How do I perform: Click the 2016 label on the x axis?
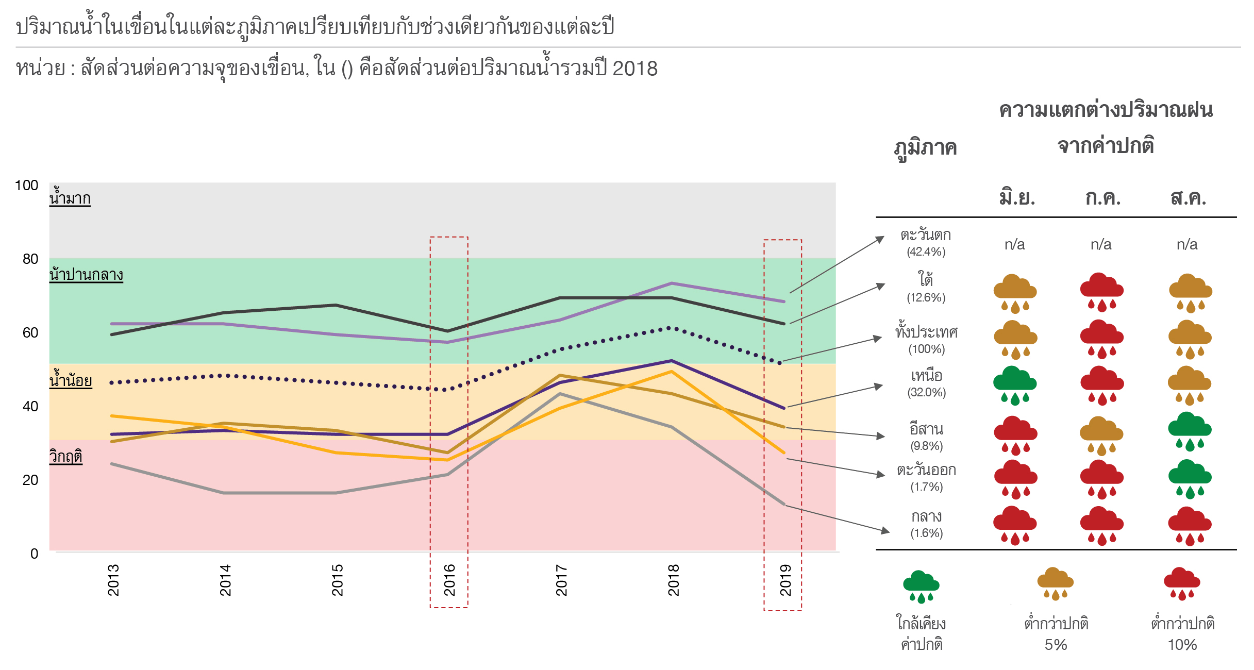tap(449, 580)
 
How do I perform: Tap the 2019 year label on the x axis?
tap(785, 580)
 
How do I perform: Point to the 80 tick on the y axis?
tap(30, 259)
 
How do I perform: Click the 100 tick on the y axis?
tap(27, 186)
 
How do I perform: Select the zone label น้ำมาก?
tap(70, 198)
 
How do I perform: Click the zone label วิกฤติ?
tap(66, 457)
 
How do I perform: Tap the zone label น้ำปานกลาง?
tap(86, 275)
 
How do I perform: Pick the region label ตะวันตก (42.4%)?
tap(926, 243)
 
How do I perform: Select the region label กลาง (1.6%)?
tap(926, 524)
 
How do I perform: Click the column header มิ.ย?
tap(1016, 198)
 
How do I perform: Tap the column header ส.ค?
tap(1188, 198)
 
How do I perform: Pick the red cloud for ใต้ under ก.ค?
tap(1101, 292)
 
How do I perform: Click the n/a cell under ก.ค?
tap(1101, 244)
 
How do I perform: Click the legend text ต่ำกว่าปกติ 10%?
tap(1182, 634)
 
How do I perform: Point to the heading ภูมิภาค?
tap(925, 148)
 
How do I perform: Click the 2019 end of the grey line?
tap(784, 504)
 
